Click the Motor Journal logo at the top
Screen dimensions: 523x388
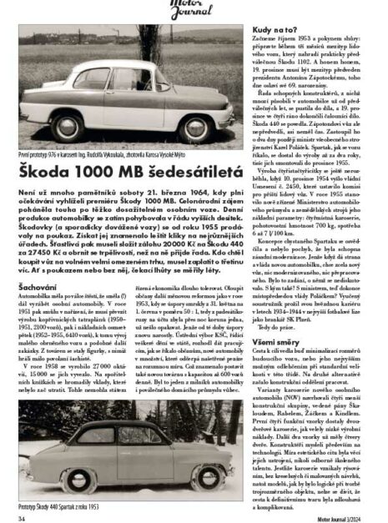click(x=194, y=9)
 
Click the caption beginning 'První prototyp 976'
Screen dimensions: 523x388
click(x=108, y=155)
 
